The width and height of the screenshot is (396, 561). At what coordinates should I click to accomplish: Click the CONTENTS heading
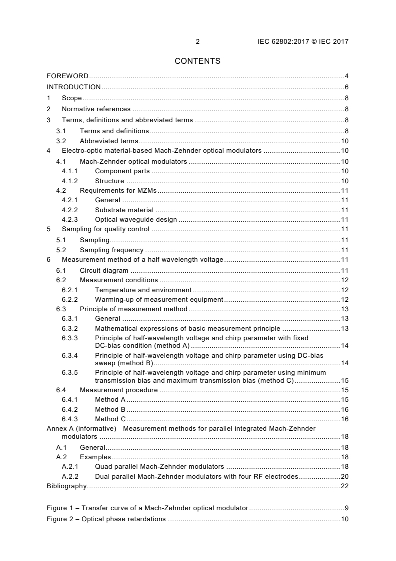[197, 61]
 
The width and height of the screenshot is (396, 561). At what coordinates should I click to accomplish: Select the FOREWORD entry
[67, 76]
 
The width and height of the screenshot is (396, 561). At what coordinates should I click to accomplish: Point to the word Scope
[72, 98]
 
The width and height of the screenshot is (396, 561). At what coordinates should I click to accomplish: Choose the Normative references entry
[96, 109]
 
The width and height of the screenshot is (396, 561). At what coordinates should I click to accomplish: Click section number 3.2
[61, 141]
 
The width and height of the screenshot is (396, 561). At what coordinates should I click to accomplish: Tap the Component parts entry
[122, 171]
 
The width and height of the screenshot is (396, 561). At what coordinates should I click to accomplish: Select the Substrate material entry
[124, 210]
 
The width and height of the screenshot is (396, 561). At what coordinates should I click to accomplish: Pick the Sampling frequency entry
[111, 250]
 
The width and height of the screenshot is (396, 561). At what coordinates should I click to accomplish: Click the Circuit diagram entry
[104, 270]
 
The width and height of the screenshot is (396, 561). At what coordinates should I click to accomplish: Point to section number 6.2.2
[70, 299]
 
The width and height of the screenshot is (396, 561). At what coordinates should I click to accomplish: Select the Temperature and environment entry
[143, 290]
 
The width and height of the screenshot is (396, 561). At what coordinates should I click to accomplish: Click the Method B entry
[110, 409]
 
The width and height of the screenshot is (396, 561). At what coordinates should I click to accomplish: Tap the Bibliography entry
[66, 486]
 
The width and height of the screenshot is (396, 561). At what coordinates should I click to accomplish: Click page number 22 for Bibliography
[344, 486]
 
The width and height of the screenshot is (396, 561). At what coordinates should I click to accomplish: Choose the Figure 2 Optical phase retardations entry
[106, 519]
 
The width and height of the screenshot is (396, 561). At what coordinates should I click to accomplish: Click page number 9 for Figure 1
[346, 508]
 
